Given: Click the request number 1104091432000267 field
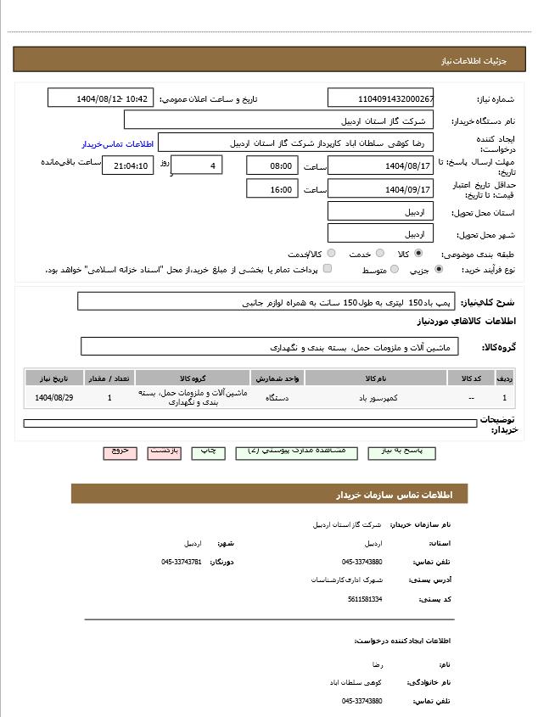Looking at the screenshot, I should point(380,98).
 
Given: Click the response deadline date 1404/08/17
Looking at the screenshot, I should point(380,165).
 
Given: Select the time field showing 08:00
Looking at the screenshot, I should point(272,165).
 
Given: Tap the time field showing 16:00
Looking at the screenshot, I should point(272,189).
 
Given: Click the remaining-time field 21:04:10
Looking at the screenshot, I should point(127,165).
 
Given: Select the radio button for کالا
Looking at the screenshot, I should point(418,253).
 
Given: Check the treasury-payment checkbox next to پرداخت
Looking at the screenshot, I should point(327,269).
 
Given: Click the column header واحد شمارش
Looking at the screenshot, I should point(277,378).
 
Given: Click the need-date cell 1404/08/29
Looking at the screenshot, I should point(54,397).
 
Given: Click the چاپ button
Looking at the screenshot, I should point(207,451).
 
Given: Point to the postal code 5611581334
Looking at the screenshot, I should point(365,599).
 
